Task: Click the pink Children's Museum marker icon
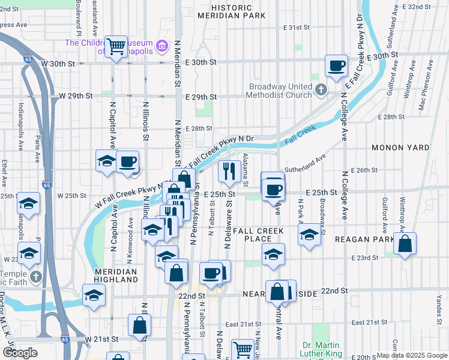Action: click(x=161, y=46)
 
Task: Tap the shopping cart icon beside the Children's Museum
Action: click(x=115, y=46)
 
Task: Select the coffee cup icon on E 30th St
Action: click(x=336, y=65)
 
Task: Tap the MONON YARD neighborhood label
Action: click(x=400, y=147)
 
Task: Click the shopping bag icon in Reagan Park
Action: click(x=405, y=243)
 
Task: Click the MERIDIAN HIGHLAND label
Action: click(x=116, y=275)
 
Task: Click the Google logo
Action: click(x=20, y=353)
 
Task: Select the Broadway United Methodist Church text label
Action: click(x=281, y=91)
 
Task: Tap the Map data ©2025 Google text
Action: click(x=411, y=355)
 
